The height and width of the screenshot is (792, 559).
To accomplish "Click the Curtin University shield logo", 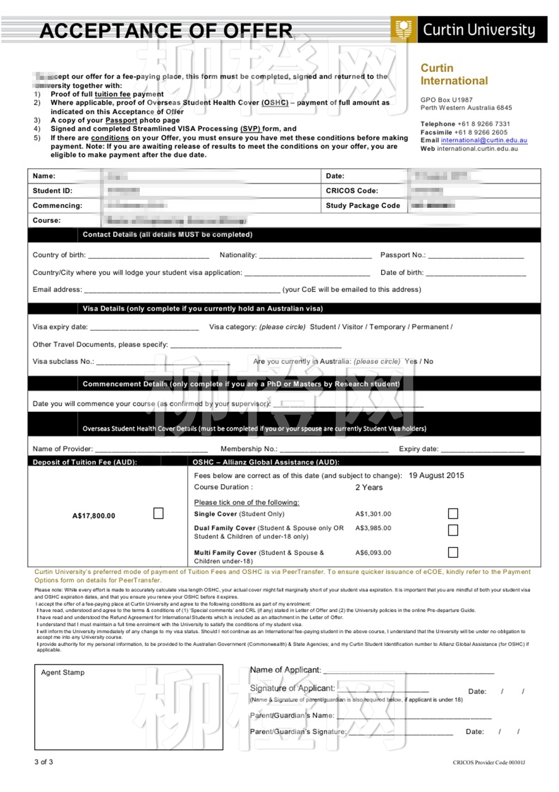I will pos(404,30).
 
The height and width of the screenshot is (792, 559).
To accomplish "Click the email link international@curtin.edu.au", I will pos(484,140).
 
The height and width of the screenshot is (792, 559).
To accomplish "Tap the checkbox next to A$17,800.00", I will pos(159,513).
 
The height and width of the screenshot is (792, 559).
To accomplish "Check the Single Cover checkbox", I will pos(453,513).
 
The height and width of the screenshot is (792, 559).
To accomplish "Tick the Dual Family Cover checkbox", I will pos(453,530).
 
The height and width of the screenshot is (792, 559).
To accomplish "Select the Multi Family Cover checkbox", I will pos(453,552).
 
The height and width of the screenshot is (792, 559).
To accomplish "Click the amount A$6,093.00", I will pos(373,553).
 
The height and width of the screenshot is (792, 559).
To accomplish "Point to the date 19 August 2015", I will pos(436,476).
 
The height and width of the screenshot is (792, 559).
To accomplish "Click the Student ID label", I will pos(52,191).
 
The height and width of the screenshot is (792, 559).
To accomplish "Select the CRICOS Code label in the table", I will pos(352,191).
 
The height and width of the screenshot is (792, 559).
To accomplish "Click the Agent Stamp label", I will pos(63,673).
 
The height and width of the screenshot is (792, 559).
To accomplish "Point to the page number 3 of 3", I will pos(44,762).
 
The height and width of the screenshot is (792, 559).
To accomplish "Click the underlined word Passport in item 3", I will pos(121,120).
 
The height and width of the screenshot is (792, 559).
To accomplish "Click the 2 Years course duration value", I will pos(369,488).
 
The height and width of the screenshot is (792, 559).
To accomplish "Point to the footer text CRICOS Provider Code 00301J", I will pos(489,762).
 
